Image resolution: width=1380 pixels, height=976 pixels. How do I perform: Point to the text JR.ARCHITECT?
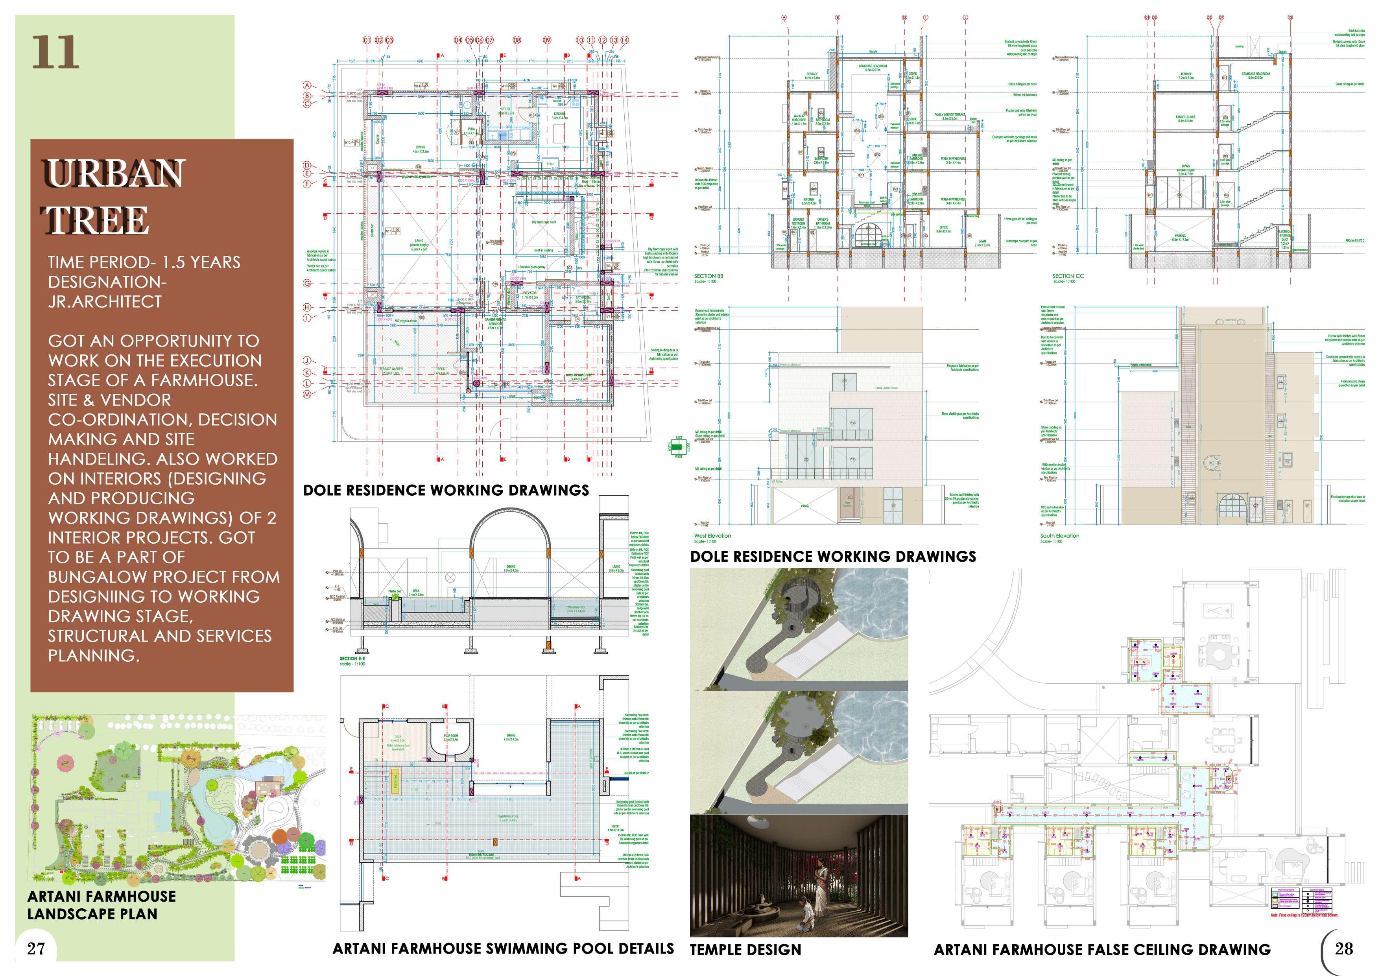coord(105,302)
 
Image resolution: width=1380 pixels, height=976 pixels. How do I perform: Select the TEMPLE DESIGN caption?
coord(745,950)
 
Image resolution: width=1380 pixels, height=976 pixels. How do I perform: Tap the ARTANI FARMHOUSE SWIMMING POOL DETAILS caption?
coord(503,948)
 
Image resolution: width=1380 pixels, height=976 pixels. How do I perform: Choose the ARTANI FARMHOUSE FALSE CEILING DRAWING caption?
coord(1102,950)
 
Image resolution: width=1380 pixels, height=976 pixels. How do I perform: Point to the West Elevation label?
coord(712,535)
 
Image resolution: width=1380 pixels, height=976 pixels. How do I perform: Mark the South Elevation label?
coord(1060,535)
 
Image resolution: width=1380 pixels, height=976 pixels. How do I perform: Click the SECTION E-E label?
coord(352,659)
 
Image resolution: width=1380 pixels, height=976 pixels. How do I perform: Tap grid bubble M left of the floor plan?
coord(307,394)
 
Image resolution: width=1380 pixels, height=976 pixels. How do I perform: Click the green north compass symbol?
coord(679,446)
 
